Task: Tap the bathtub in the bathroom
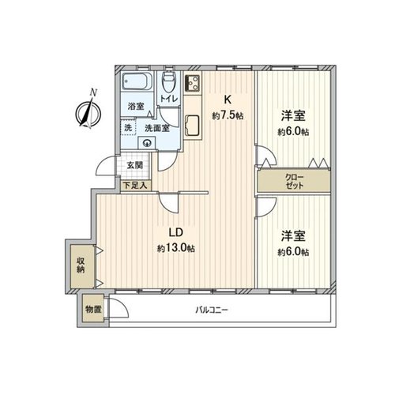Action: tap(137, 81)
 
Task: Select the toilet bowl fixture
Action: tap(168, 81)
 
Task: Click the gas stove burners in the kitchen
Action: tap(193, 82)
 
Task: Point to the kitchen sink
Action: tap(192, 126)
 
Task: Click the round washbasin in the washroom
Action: tap(147, 143)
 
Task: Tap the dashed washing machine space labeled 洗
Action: tap(128, 127)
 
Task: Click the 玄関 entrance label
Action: tap(135, 165)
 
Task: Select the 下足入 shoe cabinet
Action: tap(136, 186)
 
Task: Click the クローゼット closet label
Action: tap(295, 182)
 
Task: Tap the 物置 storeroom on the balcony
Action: tap(93, 309)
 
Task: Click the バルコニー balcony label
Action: tap(211, 310)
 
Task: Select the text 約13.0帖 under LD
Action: tap(176, 248)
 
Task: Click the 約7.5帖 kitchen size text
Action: tap(228, 115)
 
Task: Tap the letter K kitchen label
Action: tap(227, 100)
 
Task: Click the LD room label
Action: tap(175, 232)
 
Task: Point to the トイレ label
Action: tap(168, 100)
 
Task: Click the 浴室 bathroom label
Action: tap(136, 106)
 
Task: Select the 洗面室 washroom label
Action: tap(157, 128)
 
